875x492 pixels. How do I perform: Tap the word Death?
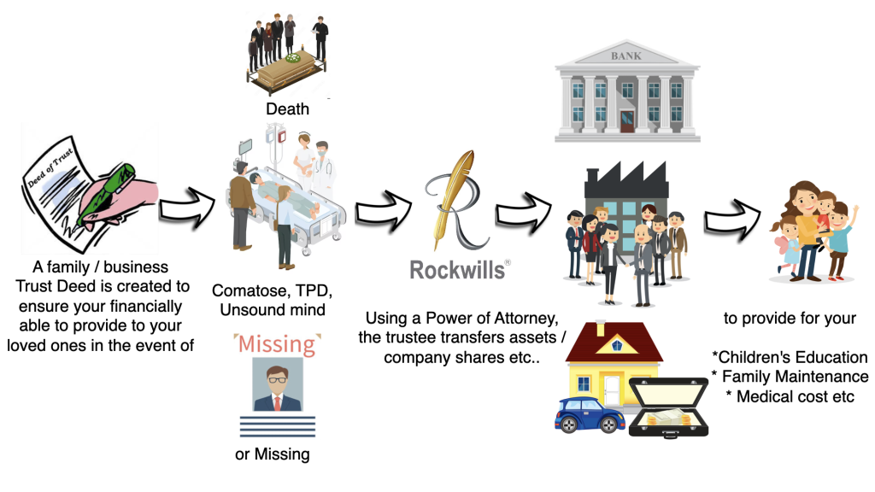click(287, 108)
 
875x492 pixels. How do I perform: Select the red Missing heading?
click(276, 345)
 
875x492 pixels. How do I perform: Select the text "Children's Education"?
click(792, 357)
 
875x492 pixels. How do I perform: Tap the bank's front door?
click(626, 120)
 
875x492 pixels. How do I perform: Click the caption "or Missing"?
click(272, 454)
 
